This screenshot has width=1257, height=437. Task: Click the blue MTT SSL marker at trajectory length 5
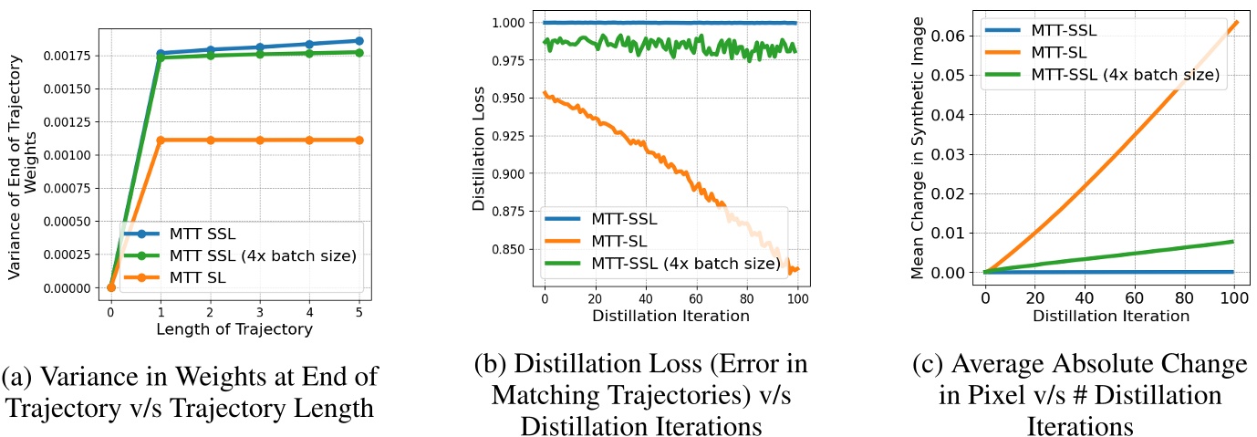tap(358, 41)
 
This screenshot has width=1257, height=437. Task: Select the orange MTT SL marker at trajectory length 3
tap(259, 140)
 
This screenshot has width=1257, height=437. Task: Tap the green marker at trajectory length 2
tap(210, 55)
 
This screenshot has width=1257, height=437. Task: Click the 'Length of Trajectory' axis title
tap(234, 328)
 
